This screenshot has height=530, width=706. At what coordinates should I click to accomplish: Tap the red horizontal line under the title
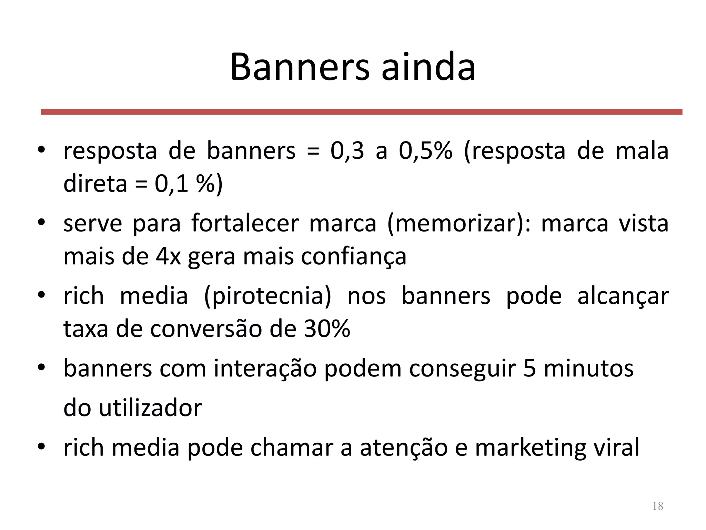coord(362,112)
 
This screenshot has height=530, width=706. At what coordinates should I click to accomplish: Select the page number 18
coord(658,506)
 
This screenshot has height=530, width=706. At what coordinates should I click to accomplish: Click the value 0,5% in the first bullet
coord(425,151)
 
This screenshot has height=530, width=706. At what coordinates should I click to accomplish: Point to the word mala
coord(642,151)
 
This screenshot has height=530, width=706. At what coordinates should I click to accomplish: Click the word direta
coord(95,184)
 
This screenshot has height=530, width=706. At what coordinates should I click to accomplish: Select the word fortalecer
coord(245,223)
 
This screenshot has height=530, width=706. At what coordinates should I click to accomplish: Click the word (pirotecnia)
coord(268,296)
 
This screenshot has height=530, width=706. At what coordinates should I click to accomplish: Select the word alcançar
coord(623,296)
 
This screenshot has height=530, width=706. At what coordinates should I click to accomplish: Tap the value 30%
coord(327,329)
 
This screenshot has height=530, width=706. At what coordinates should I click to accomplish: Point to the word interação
coord(265,368)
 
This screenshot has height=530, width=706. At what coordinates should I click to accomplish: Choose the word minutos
coord(588,368)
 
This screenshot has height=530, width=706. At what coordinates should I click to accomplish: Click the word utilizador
coord(150,408)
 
